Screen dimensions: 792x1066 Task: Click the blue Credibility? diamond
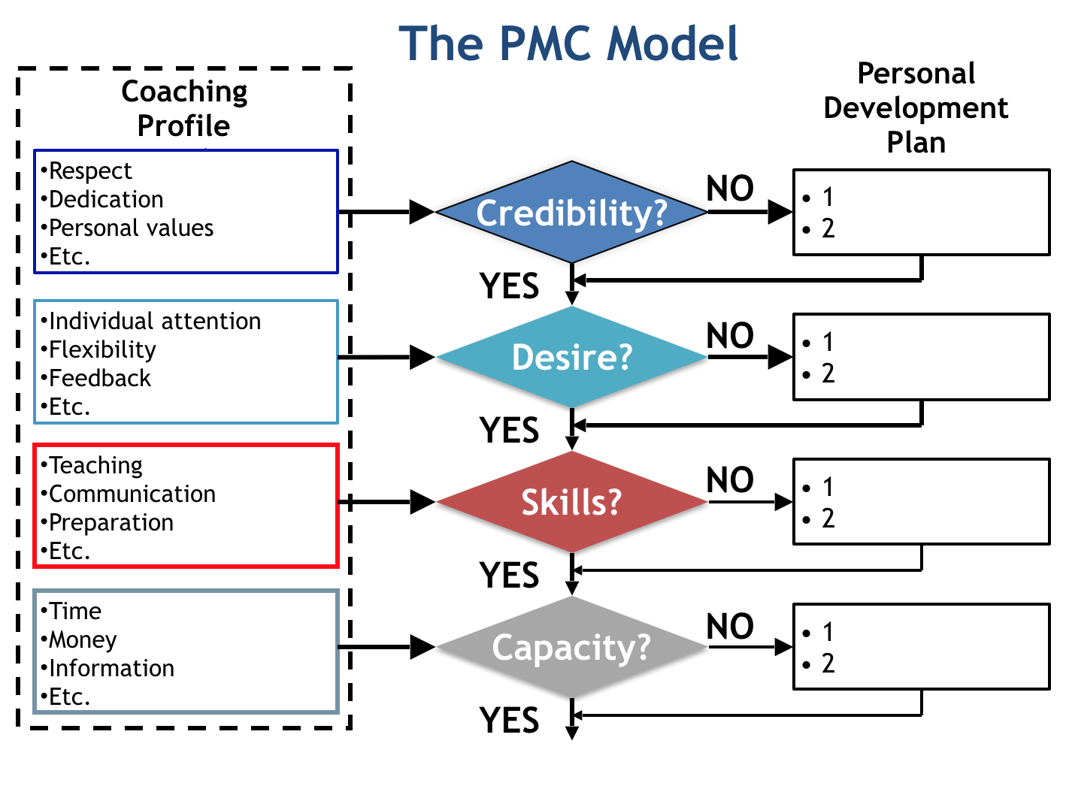click(571, 213)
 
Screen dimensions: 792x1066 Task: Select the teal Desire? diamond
click(571, 357)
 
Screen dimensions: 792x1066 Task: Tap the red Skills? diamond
click(571, 502)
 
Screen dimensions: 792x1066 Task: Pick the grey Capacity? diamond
click(571, 647)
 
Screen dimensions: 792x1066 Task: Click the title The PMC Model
click(568, 44)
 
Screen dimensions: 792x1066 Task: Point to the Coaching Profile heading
click(184, 108)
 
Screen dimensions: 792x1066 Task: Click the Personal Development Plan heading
click(916, 108)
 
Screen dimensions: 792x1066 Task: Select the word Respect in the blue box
click(89, 171)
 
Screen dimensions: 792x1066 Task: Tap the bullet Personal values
click(131, 228)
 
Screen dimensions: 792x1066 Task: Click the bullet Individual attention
click(154, 322)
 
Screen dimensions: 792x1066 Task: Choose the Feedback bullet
click(99, 379)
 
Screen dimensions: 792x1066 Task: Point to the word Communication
click(132, 494)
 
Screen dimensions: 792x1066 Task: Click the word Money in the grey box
click(83, 640)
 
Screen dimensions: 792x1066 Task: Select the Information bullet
click(111, 669)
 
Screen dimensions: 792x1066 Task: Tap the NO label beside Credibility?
click(730, 189)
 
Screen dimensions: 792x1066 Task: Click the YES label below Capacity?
click(510, 721)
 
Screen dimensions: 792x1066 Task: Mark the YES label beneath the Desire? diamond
click(510, 431)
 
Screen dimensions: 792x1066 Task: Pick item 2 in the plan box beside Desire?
click(828, 373)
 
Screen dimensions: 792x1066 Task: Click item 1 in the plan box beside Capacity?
click(828, 632)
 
